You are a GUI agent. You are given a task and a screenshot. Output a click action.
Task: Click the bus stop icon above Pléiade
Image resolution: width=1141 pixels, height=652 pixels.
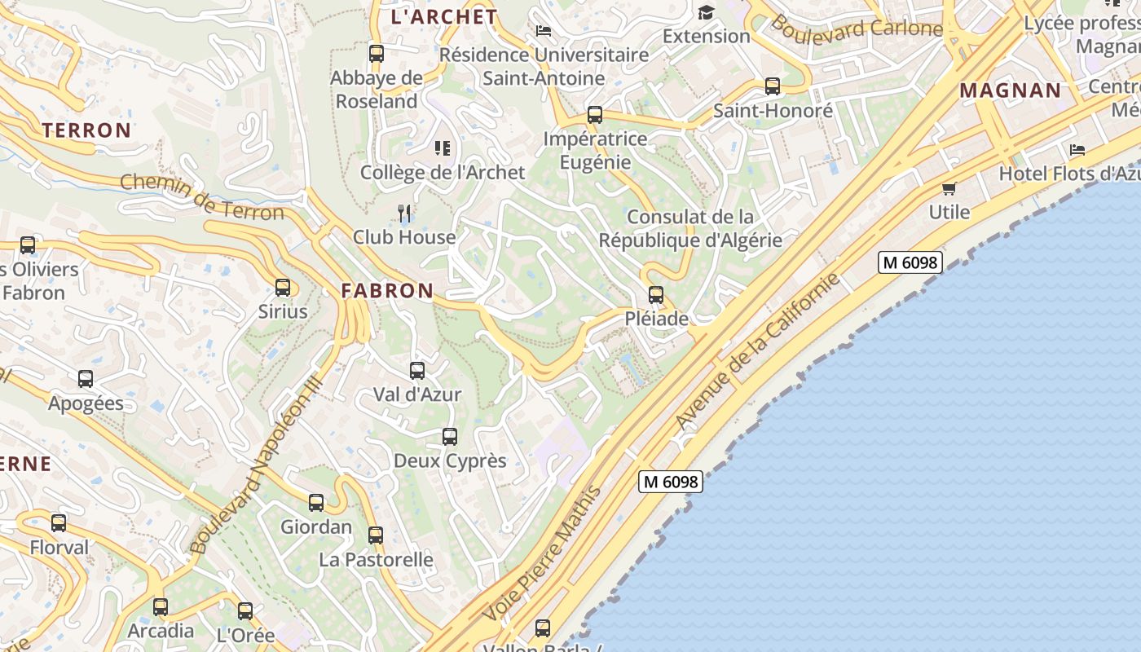(656, 295)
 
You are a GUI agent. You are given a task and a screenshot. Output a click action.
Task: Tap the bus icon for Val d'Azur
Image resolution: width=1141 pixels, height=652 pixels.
(417, 371)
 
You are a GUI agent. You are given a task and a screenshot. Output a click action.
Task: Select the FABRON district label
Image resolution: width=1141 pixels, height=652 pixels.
(387, 290)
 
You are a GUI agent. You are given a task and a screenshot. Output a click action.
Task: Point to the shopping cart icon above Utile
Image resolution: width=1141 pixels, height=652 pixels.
(949, 189)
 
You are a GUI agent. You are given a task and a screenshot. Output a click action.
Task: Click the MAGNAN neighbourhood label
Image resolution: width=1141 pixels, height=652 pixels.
(1010, 90)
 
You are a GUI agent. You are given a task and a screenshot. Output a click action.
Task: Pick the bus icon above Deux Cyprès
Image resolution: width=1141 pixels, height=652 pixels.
(450, 437)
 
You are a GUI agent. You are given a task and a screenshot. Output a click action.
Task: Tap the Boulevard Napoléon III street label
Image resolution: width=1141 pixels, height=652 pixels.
(256, 467)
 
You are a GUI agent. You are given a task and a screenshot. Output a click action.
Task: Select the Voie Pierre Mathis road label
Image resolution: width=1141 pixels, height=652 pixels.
(541, 554)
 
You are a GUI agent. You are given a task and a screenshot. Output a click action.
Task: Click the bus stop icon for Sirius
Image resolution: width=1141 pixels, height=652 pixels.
(283, 288)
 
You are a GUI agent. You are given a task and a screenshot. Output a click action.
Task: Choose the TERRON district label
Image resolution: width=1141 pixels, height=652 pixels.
(86, 130)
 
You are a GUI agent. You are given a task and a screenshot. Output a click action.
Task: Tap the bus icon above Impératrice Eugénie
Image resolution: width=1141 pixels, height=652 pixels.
(595, 115)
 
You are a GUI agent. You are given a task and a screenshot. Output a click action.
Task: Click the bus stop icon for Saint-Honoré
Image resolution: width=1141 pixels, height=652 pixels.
(773, 86)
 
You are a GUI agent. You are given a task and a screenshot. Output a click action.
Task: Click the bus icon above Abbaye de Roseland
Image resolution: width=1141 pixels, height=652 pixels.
(377, 55)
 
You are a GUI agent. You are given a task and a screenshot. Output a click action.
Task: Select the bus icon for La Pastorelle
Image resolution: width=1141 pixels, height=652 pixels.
(376, 535)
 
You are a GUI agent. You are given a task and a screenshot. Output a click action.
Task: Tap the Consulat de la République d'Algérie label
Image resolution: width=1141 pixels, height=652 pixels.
(690, 228)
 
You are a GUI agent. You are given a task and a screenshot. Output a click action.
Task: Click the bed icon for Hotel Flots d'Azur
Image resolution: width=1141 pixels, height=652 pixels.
(1077, 150)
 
